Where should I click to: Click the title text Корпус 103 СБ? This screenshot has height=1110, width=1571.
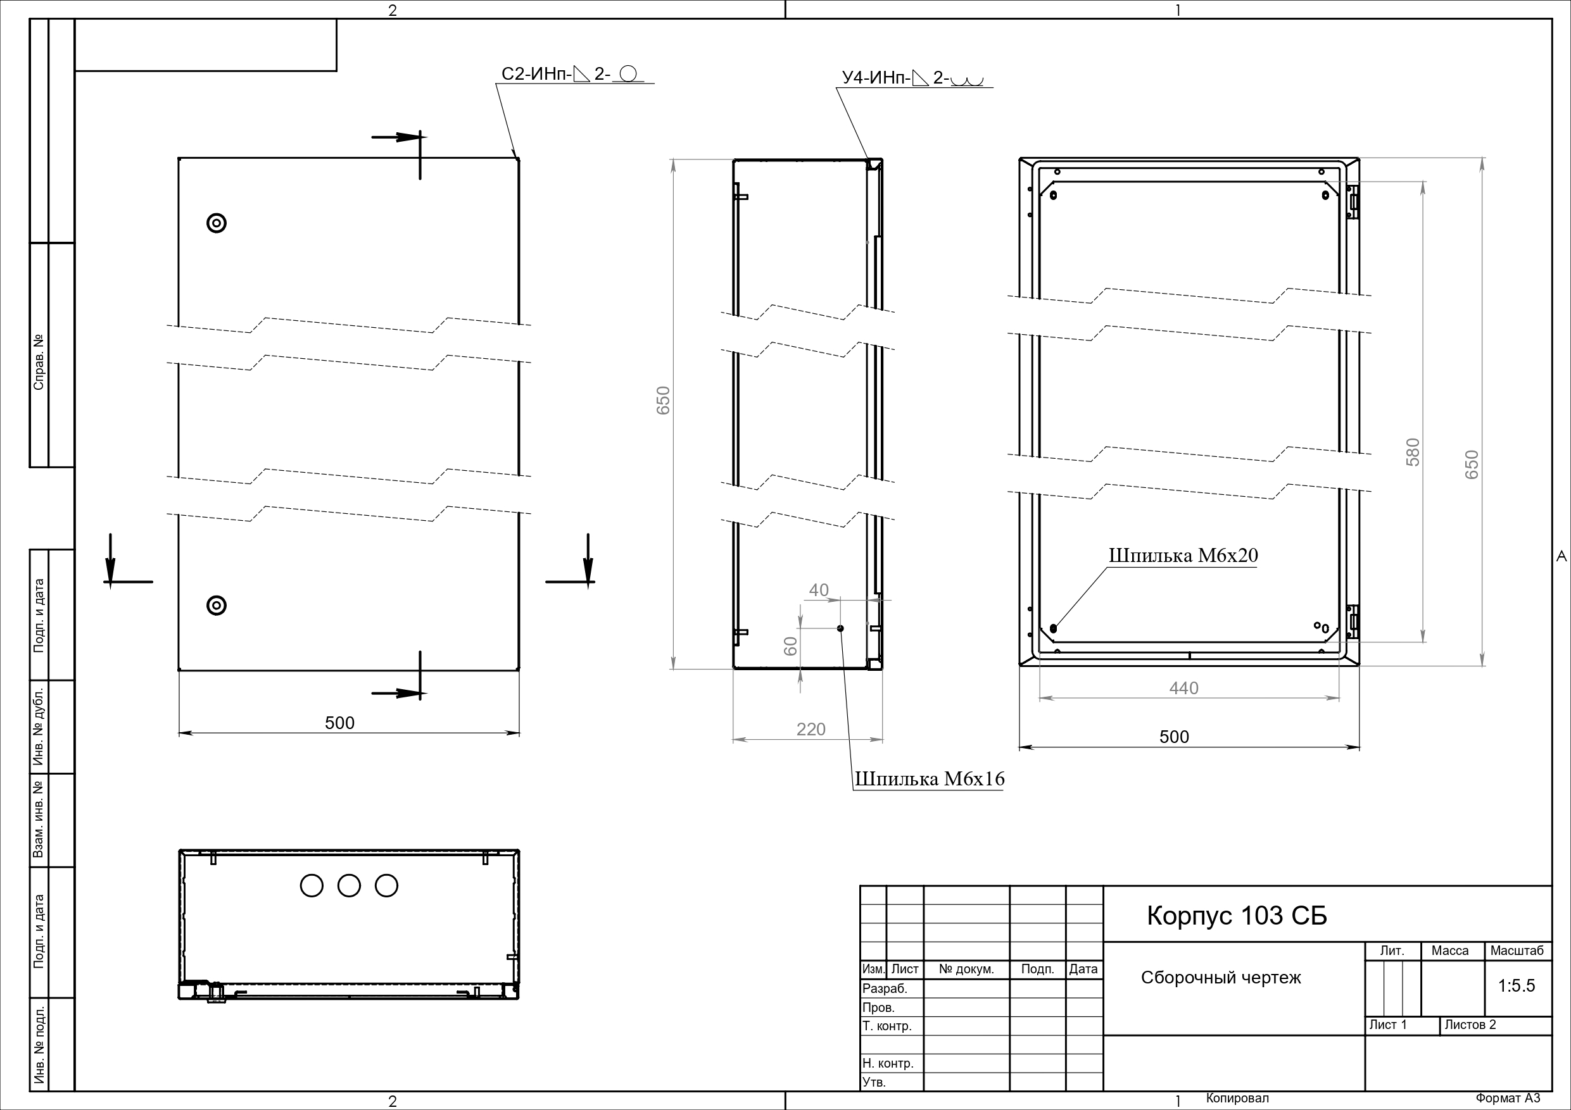[1237, 916]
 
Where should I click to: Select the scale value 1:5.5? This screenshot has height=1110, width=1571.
[1517, 985]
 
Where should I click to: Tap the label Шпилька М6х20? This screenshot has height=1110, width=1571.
[1183, 556]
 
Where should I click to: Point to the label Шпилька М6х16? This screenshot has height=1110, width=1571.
[929, 778]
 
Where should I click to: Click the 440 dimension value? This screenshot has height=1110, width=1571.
[1183, 688]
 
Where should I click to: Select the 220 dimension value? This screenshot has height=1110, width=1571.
[811, 729]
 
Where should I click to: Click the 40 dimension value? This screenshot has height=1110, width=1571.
[819, 590]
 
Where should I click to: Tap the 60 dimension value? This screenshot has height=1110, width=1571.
[790, 646]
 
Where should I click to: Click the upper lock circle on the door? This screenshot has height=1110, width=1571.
[216, 223]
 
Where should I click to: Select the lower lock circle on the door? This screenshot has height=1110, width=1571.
[216, 605]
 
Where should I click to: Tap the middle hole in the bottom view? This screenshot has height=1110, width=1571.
[349, 886]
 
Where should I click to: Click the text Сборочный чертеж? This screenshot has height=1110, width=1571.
[1221, 978]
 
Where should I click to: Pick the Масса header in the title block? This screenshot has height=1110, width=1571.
[1450, 951]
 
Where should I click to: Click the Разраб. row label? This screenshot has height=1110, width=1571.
[885, 988]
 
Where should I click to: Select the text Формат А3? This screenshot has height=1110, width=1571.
[1508, 1099]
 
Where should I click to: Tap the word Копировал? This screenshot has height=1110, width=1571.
[1237, 1099]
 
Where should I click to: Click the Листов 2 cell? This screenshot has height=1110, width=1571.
[1470, 1025]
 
